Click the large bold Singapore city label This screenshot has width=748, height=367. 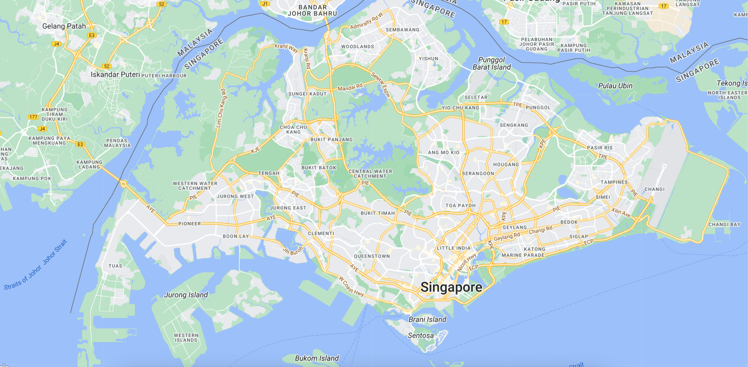451,287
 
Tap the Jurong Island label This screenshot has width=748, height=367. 186,295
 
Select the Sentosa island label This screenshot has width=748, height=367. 421,336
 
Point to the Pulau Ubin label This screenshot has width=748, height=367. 615,86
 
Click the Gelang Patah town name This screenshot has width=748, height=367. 64,26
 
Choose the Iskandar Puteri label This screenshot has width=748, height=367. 115,75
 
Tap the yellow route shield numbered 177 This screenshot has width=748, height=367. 33,117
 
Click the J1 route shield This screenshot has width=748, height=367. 265,4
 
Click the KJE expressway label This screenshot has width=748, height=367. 256,150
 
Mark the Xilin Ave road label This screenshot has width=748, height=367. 621,212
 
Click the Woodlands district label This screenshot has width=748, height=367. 357,46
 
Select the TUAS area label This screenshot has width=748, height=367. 115,266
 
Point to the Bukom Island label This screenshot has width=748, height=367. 317,358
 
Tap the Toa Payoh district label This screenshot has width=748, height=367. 461,206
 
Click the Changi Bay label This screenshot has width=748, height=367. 724,224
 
